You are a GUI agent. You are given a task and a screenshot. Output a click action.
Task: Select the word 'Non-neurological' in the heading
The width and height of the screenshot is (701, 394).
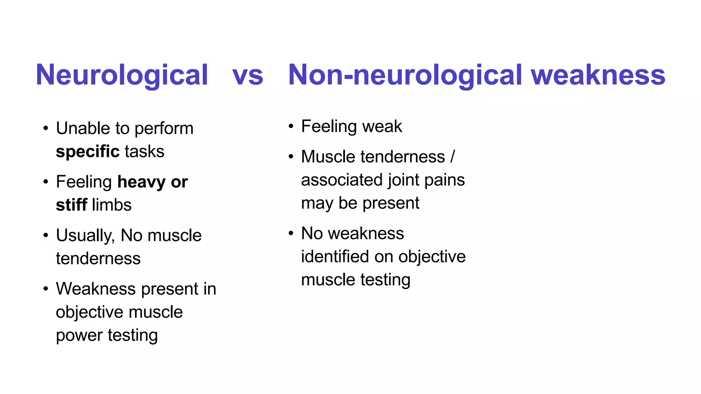[405, 75]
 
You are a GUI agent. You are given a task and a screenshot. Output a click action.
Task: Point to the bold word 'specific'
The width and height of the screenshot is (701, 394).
[88, 152]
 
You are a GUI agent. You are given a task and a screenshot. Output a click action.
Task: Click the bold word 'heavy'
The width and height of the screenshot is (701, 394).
[141, 182]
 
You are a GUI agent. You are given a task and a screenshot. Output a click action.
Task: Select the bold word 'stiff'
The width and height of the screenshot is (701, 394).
[72, 205]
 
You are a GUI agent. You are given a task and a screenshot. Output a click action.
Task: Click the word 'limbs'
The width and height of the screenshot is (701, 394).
[112, 205]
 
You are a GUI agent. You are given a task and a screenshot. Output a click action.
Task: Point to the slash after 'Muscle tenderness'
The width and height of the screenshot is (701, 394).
[453, 157]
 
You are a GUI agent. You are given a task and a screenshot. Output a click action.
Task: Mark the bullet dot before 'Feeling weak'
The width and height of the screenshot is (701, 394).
[291, 127]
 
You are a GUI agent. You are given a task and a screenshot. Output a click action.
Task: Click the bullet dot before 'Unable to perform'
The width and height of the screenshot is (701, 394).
[46, 129]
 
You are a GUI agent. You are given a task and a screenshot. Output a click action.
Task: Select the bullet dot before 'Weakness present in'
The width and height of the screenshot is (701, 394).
[46, 289]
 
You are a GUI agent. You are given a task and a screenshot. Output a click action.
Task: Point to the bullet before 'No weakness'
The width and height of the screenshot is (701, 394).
[291, 234]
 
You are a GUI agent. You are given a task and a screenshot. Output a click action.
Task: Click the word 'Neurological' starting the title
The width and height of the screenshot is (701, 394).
[122, 75]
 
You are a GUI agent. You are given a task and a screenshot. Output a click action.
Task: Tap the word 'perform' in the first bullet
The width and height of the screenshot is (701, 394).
[164, 129]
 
